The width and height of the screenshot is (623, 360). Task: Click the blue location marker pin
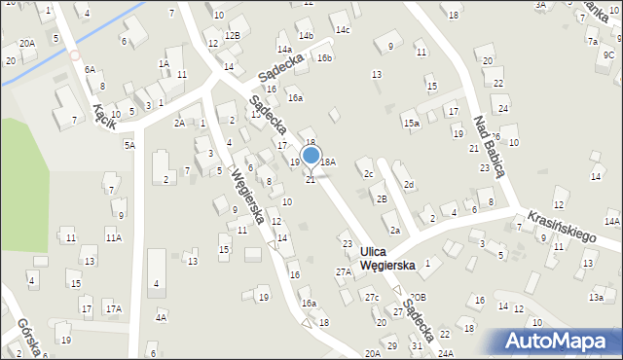[x=311, y=156]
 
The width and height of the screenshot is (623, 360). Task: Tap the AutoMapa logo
[x=550, y=340]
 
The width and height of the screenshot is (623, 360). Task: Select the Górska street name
[x=20, y=336]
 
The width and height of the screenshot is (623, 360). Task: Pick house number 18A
[x=328, y=162]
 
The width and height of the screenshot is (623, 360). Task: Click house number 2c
[x=369, y=173]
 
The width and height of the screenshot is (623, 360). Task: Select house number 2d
[x=410, y=185]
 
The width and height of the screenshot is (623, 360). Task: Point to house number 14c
[x=343, y=29]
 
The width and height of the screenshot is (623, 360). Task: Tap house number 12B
[x=232, y=35]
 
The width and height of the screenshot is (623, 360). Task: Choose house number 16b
[x=324, y=58]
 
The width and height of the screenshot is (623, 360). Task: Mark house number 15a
[x=413, y=123]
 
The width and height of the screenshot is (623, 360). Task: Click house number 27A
[x=344, y=272]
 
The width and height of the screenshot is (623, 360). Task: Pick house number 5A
[x=128, y=145]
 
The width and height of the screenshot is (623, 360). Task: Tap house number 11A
[x=113, y=237]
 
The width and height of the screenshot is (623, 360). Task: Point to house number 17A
[x=113, y=308]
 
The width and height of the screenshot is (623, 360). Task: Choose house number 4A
[x=161, y=317]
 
